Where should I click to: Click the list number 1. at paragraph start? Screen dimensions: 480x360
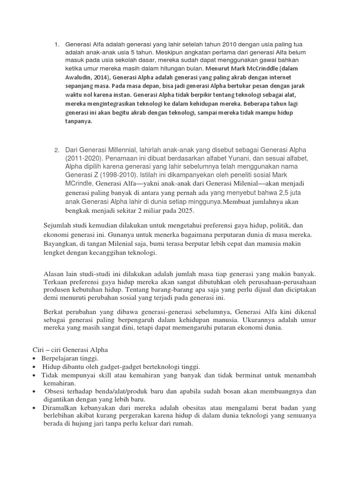[x=56, y=45]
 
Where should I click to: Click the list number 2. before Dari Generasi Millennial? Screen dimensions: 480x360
[x=56, y=150]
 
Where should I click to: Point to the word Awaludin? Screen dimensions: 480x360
[x=79, y=78]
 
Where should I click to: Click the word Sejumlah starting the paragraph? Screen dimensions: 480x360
[x=58, y=225]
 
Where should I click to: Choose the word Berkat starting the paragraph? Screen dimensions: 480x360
[x=53, y=310]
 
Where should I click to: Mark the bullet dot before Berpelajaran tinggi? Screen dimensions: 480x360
[x=36, y=359]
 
